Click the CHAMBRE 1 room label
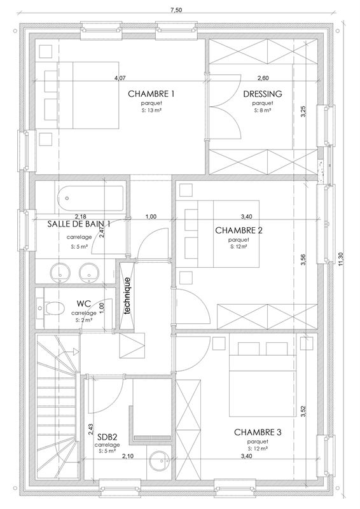coord(151,94)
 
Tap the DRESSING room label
coord(262,94)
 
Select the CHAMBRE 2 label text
coord(239,230)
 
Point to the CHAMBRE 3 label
coord(258,432)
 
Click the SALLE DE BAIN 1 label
coord(79,224)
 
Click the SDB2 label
coord(107,437)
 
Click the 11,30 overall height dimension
coord(342,260)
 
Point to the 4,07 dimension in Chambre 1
coord(119,78)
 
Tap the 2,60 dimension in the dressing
coord(262,78)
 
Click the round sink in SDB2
coord(160,459)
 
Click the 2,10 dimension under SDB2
coord(127,456)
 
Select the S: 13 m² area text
coord(151,110)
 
